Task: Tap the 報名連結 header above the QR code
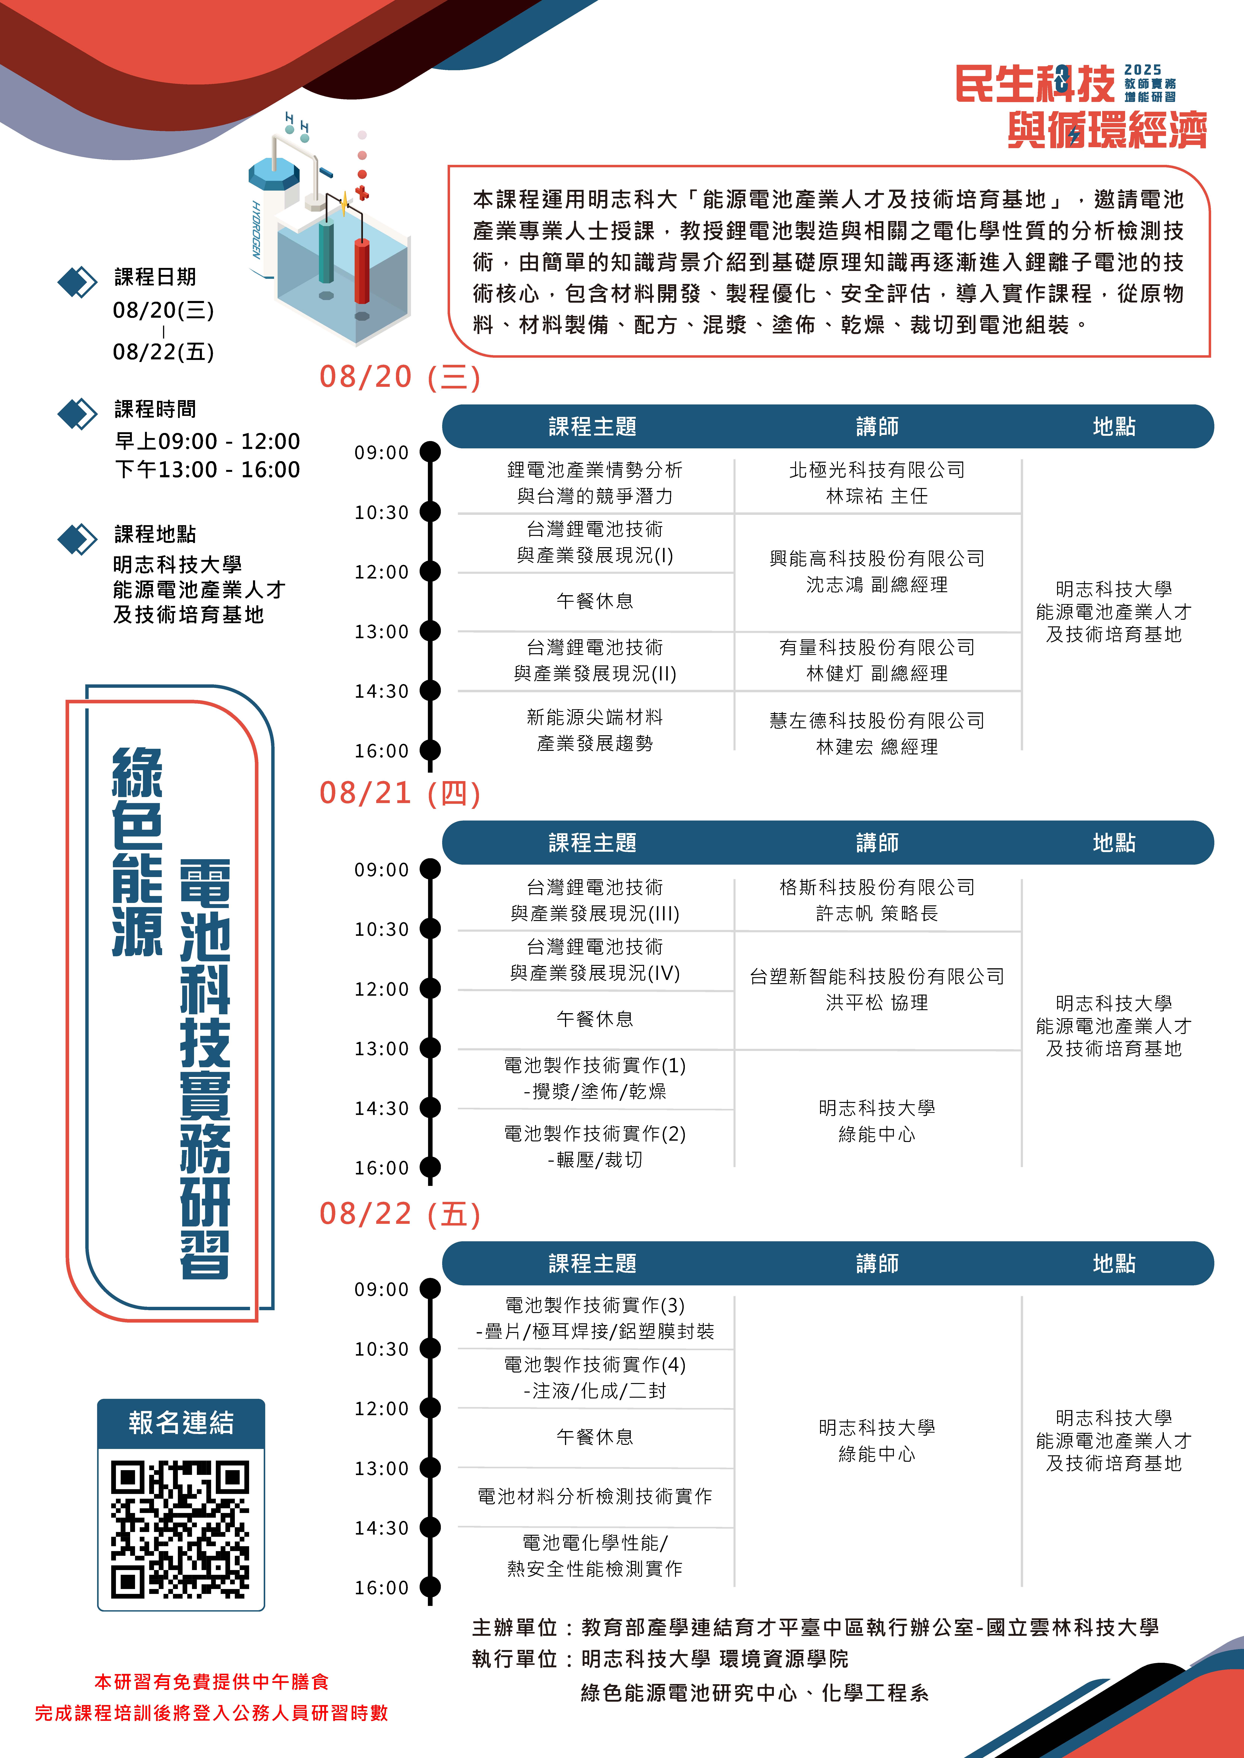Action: (x=181, y=1423)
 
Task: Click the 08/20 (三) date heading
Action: (x=400, y=377)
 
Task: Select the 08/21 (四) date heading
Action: (x=400, y=793)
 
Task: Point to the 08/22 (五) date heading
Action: (x=400, y=1214)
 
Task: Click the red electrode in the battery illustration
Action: (x=362, y=272)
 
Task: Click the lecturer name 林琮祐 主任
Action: (x=877, y=496)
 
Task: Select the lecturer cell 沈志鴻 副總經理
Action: (x=877, y=585)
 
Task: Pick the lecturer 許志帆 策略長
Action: (x=877, y=913)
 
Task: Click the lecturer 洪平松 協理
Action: (x=877, y=1002)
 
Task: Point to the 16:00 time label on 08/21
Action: (x=381, y=1168)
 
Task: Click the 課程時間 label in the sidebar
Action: (x=156, y=409)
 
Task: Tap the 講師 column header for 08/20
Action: (x=877, y=426)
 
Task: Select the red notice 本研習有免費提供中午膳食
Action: (x=211, y=1681)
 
